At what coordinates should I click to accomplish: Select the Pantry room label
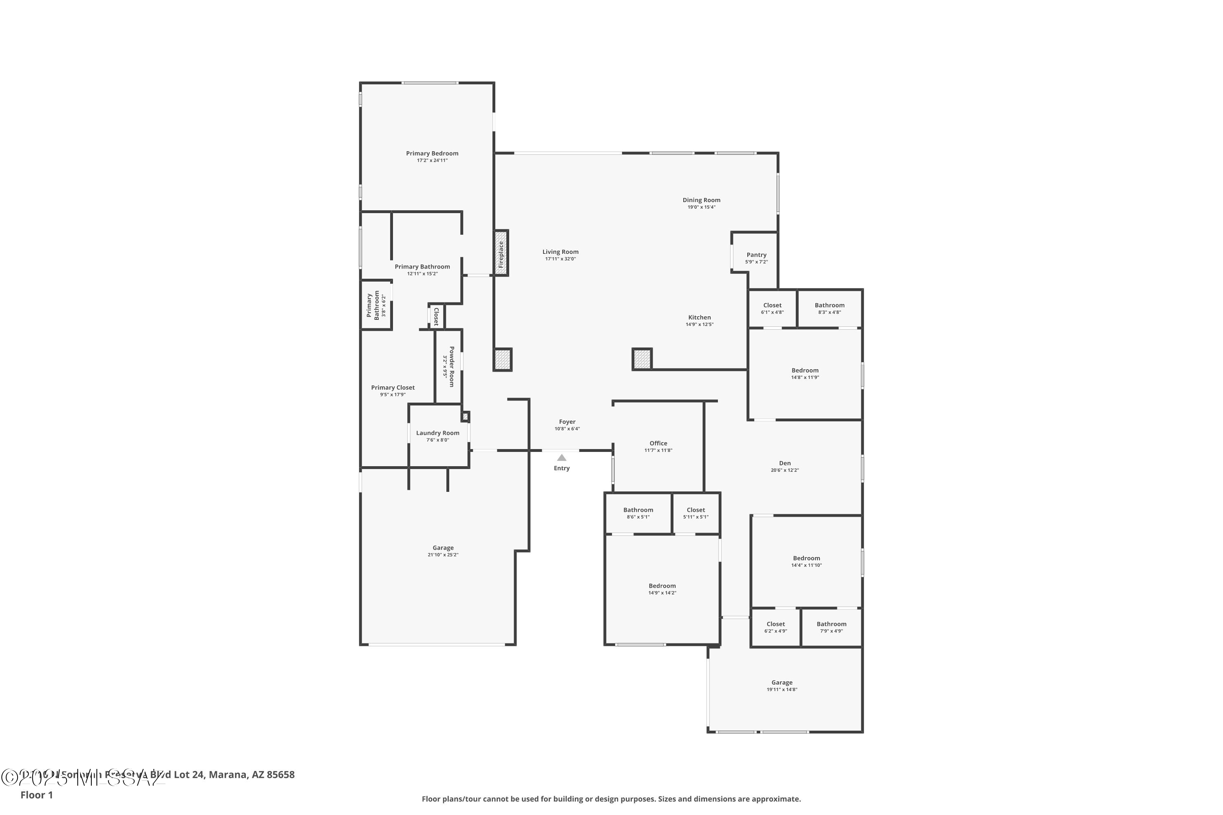757,255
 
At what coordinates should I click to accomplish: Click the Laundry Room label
438,433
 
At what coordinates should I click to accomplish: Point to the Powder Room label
451,366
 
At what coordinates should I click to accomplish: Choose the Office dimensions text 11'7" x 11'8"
658,451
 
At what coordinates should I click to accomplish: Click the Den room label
785,463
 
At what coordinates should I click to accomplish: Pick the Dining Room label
702,200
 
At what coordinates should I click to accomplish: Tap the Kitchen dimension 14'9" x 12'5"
700,324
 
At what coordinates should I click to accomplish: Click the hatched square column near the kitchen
642,359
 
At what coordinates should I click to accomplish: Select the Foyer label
567,422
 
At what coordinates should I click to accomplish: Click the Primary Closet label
393,388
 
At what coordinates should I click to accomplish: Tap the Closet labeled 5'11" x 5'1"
696,510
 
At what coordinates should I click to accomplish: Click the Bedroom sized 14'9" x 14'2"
662,586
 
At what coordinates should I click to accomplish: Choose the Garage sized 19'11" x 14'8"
781,683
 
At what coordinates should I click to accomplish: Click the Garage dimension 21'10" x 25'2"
443,555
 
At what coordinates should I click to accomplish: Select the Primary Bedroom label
432,153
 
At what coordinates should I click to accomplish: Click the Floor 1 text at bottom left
36,795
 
